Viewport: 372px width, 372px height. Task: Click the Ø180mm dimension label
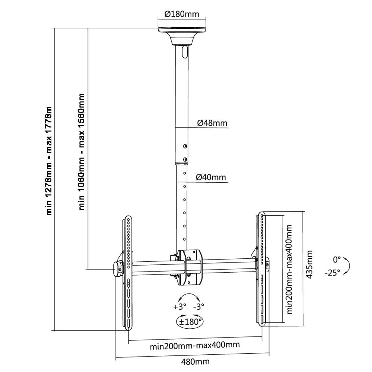click(x=182, y=14)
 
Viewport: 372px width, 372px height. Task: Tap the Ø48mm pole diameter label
click(x=212, y=123)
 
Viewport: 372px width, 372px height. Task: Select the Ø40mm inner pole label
click(x=211, y=177)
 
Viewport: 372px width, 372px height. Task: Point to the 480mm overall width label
click(x=195, y=362)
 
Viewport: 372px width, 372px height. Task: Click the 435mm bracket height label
click(x=309, y=264)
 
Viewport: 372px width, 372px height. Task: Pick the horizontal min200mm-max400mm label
click(x=195, y=346)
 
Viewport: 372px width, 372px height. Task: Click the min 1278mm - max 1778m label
click(x=49, y=161)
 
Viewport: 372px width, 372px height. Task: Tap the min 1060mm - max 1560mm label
click(x=82, y=151)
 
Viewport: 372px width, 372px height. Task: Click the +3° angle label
click(x=180, y=307)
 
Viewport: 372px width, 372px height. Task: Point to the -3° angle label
click(x=199, y=307)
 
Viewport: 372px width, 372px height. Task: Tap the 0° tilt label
click(x=337, y=260)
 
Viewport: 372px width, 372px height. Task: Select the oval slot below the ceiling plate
click(x=184, y=51)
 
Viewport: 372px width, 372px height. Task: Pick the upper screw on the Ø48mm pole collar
click(x=185, y=146)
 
